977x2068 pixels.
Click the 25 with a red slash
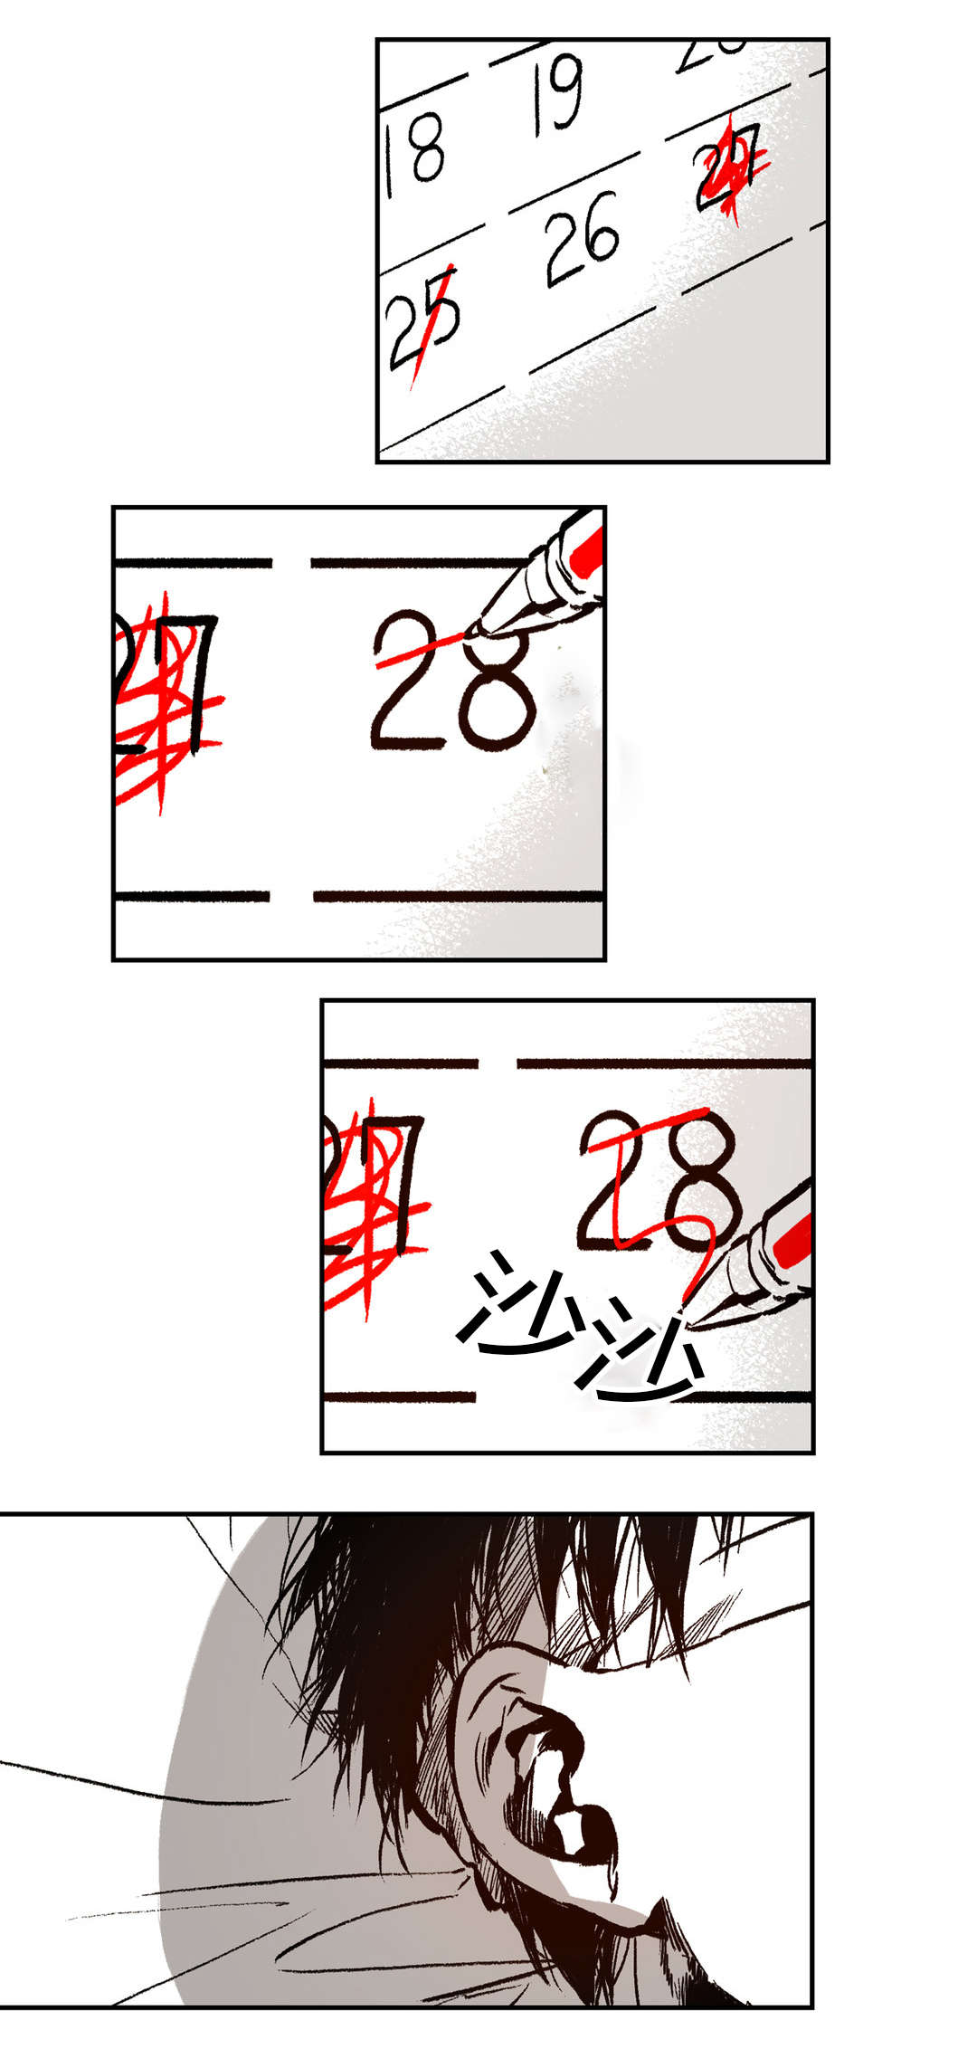(x=423, y=321)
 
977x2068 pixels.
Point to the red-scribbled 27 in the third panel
(x=375, y=1195)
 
